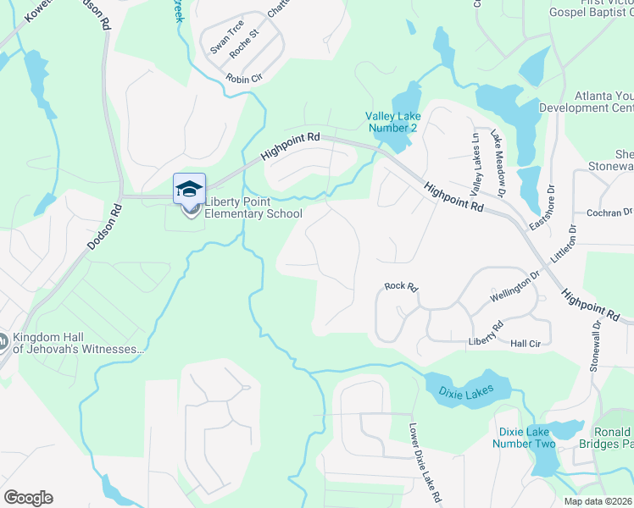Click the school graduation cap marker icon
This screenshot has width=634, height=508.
[189, 188]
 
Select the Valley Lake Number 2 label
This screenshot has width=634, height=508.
[392, 122]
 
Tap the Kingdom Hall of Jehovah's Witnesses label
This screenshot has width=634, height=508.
[78, 342]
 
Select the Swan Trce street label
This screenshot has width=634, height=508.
[226, 37]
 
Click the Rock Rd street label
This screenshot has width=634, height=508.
[401, 287]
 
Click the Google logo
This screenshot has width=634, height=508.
[28, 498]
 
